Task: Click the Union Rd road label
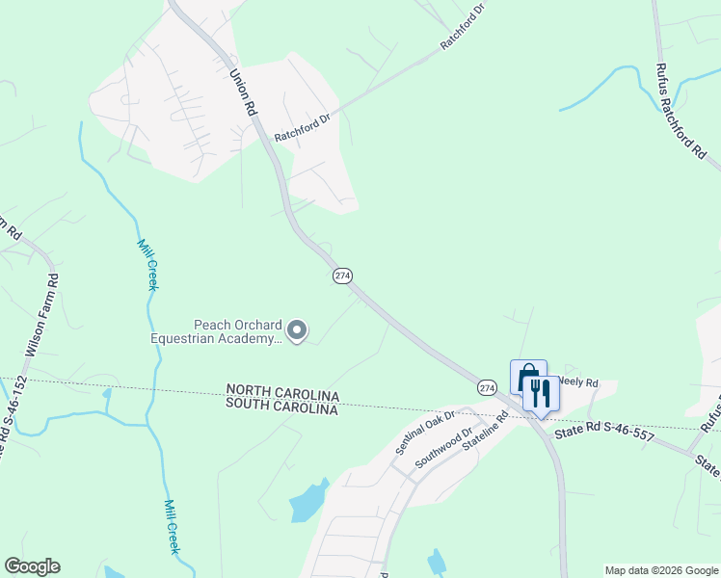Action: coord(243,91)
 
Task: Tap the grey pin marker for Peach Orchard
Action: coord(298,331)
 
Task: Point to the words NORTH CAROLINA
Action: coord(282,395)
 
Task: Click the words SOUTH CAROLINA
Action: coord(282,408)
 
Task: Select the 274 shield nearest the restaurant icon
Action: coord(487,386)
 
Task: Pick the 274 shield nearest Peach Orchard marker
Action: coord(342,276)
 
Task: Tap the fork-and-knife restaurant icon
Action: coord(539,393)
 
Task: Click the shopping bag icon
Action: coord(526,378)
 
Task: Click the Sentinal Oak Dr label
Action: coord(424,433)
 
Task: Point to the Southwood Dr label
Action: coord(445,448)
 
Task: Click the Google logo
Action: coord(32,566)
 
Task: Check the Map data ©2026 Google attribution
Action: coord(661,570)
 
